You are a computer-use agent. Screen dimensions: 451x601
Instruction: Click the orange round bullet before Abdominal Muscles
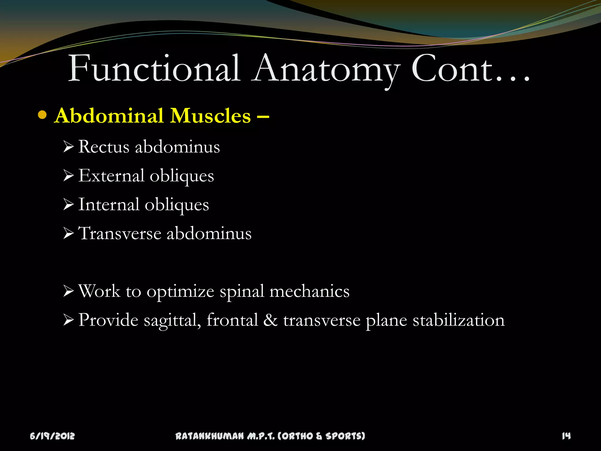[x=43, y=115]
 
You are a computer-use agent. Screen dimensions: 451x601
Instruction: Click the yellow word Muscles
[x=211, y=116]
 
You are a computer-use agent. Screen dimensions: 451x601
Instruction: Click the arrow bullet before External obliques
[x=68, y=176]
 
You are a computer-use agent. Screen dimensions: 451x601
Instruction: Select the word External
[x=111, y=176]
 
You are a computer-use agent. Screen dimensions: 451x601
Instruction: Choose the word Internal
[x=109, y=204]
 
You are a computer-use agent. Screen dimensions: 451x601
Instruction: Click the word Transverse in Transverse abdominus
[x=120, y=233]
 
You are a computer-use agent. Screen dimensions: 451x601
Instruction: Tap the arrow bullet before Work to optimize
[x=68, y=291]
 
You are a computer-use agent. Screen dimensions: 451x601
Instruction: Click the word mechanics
[x=309, y=291]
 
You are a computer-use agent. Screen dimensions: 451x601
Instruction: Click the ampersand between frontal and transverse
[x=270, y=320]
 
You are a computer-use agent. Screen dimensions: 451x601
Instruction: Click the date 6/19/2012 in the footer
[x=52, y=436]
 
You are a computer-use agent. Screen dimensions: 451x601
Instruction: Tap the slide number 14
[x=566, y=436]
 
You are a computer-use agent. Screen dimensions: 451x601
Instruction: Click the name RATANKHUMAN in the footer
[x=210, y=436]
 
